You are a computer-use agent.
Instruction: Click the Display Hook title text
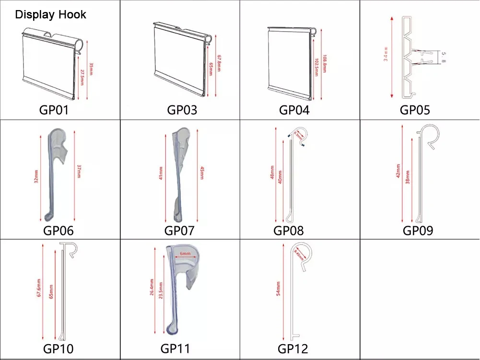[51, 14]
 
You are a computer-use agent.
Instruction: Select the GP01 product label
[54, 110]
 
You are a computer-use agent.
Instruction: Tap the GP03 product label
[182, 110]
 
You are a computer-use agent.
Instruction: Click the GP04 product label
[294, 110]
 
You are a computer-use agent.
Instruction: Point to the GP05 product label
[415, 110]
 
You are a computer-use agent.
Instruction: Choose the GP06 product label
[59, 231]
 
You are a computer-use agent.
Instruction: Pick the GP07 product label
[179, 231]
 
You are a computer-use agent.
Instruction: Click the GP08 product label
[289, 231]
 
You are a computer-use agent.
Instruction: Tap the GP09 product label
[418, 231]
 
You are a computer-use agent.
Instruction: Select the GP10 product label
[59, 348]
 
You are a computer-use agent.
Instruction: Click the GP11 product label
[175, 348]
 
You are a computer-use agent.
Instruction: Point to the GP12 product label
[293, 348]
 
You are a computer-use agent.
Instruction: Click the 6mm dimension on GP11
[185, 253]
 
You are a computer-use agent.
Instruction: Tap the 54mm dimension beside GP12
[278, 288]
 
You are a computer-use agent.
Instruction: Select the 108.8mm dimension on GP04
[325, 62]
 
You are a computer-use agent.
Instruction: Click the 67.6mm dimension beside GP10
[39, 291]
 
